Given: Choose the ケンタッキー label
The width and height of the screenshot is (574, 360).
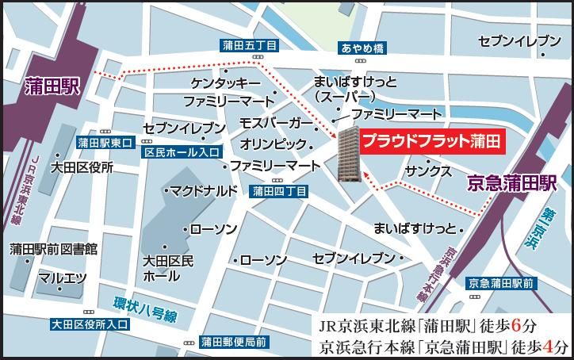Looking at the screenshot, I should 225,83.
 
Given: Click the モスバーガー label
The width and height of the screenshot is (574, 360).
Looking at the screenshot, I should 277,124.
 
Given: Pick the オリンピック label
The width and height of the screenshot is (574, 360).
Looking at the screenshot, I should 274,144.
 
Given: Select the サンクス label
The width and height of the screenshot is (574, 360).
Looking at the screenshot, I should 428,171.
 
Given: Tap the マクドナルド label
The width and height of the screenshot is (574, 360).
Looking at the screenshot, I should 204,190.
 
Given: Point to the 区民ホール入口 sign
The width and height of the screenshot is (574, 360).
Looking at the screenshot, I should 181,151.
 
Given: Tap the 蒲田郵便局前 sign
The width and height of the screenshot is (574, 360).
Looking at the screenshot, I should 233,342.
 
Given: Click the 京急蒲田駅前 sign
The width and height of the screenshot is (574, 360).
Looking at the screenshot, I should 502,283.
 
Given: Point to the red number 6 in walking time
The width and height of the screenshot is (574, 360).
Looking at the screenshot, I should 518,325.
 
